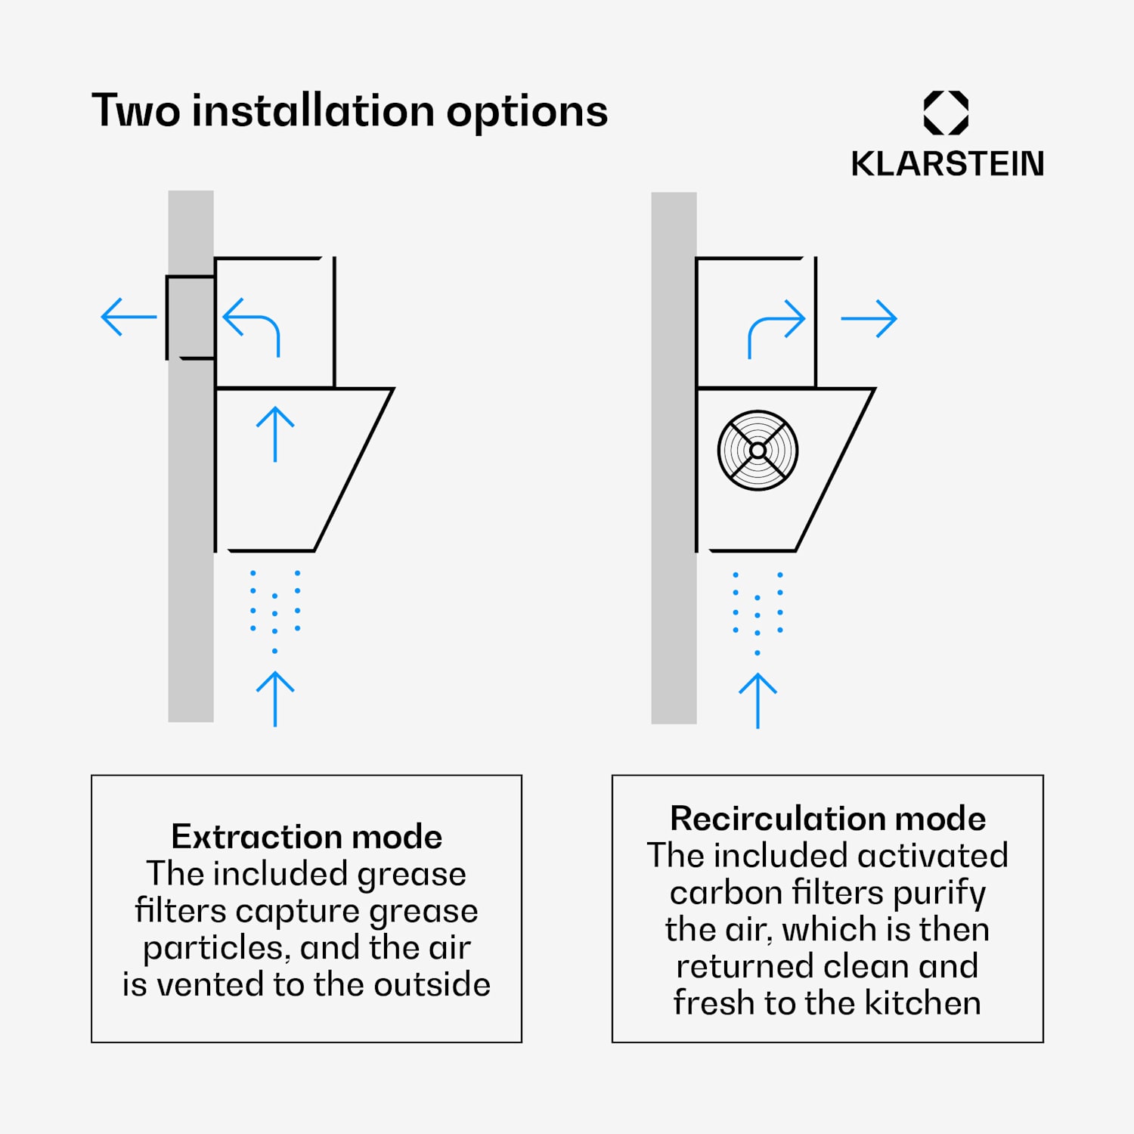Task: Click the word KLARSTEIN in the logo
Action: coord(947,164)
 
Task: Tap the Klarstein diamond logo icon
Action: coord(946,113)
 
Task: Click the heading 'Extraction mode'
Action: coord(306,836)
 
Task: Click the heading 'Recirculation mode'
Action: coord(828,818)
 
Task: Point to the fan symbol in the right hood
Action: coord(758,451)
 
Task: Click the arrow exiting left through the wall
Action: coord(129,317)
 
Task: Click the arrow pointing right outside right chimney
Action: coord(869,318)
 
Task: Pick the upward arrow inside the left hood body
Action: coord(275,434)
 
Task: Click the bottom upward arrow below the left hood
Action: coord(275,699)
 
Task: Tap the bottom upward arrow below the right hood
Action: coord(758,701)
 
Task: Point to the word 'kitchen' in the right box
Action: coord(922,1003)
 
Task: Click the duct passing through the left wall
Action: coord(191,317)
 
